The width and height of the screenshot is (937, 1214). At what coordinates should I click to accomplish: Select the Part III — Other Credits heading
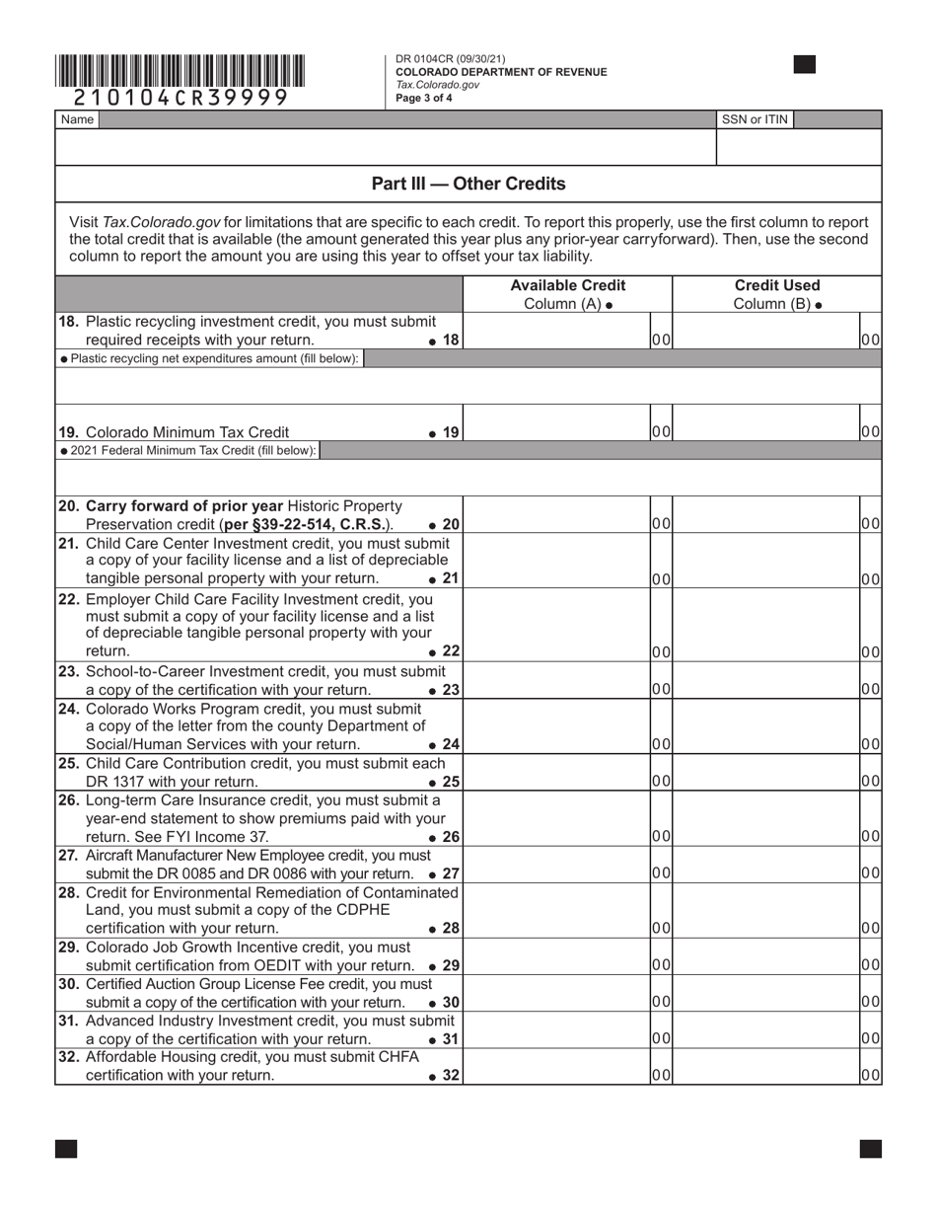pyautogui.click(x=468, y=184)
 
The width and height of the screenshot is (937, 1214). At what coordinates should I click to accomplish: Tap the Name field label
pyautogui.click(x=77, y=119)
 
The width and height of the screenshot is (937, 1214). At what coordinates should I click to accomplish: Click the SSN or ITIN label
pyautogui.click(x=755, y=119)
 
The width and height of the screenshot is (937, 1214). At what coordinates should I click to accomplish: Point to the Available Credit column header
pyautogui.click(x=567, y=294)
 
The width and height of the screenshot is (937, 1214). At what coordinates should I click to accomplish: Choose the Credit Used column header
pyautogui.click(x=776, y=294)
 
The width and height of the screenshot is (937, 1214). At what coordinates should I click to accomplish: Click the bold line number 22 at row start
pyautogui.click(x=69, y=599)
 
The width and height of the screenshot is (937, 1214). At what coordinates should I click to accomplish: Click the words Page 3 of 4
pyautogui.click(x=424, y=98)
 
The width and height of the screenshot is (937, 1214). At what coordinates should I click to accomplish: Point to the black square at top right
pyautogui.click(x=805, y=65)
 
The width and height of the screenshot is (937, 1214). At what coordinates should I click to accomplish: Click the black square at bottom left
pyautogui.click(x=66, y=1148)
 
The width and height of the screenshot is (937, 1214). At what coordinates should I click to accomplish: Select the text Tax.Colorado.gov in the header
pyautogui.click(x=438, y=85)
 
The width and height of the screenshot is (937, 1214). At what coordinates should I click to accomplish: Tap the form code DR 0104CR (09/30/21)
pyautogui.click(x=450, y=59)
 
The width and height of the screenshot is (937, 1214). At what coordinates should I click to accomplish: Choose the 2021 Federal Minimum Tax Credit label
pyautogui.click(x=189, y=450)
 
